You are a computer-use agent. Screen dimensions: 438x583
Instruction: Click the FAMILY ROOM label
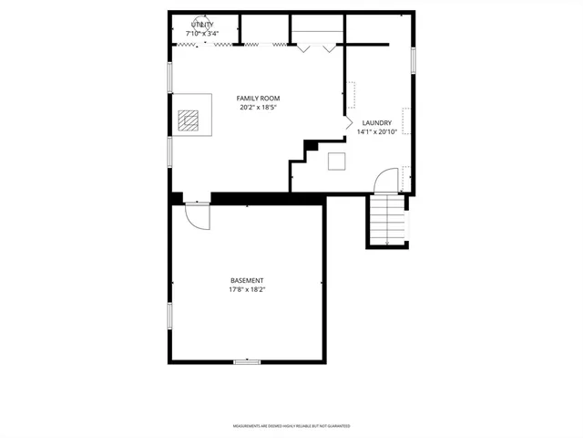(258, 98)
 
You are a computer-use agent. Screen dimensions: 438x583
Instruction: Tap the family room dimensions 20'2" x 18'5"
(258, 108)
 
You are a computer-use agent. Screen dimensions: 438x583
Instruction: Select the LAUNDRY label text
(376, 123)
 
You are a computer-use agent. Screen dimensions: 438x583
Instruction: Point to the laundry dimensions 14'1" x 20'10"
(376, 132)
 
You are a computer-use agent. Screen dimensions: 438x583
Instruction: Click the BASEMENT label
(247, 280)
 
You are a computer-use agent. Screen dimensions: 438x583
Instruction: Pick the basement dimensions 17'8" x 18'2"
(247, 290)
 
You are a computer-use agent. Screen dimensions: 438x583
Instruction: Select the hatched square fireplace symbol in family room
(188, 120)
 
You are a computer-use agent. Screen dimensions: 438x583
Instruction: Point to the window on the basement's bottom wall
(247, 362)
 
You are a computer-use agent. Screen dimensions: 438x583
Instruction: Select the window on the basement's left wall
(169, 315)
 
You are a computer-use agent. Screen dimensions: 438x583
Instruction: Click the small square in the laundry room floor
(337, 162)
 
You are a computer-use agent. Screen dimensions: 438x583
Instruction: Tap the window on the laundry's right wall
(413, 59)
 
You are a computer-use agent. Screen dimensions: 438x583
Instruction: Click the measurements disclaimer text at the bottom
(291, 426)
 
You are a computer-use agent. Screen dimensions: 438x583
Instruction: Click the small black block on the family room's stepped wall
(312, 144)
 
